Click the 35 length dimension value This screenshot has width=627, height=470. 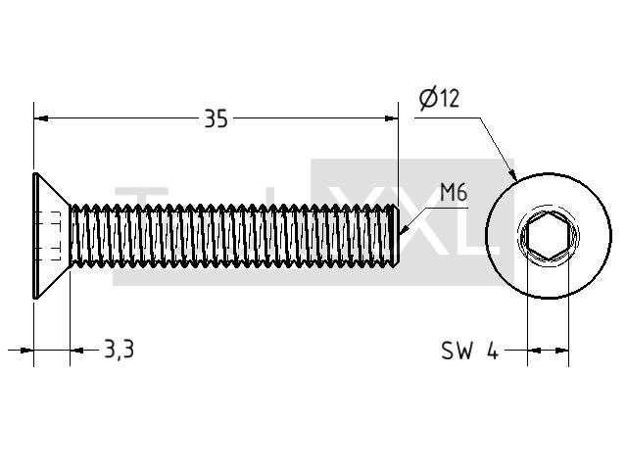click(x=216, y=118)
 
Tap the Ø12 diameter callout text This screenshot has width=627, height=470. click(x=439, y=99)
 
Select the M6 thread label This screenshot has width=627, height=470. click(x=454, y=193)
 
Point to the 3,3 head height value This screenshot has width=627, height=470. click(x=120, y=349)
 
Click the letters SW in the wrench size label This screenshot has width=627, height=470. click(x=457, y=351)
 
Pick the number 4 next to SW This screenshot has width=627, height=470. click(x=493, y=351)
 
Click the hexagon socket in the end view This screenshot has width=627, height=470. click(x=548, y=236)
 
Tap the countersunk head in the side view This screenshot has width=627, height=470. click(x=52, y=236)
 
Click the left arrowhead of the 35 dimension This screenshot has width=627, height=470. click(x=41, y=118)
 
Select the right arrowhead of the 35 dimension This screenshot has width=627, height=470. click(x=391, y=118)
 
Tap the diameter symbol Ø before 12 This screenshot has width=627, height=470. click(x=428, y=100)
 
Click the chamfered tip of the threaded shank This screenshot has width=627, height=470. click(x=395, y=236)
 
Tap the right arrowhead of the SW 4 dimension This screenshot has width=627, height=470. click(x=561, y=351)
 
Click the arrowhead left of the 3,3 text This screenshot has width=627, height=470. click(x=77, y=351)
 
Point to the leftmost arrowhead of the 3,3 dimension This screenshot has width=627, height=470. click(x=26, y=351)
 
